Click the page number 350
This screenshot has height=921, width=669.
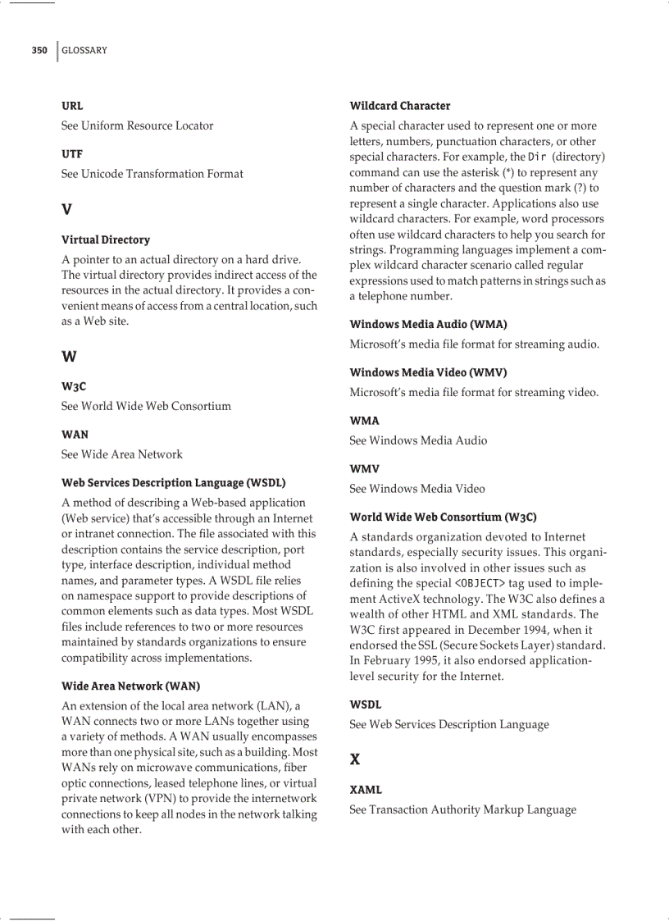coord(39,50)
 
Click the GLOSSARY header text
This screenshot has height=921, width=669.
coord(84,50)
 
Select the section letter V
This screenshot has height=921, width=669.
coord(66,209)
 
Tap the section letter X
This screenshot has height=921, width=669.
coord(355,759)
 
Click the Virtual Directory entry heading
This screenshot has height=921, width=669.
coord(106,239)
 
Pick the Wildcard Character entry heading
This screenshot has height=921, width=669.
coord(400,106)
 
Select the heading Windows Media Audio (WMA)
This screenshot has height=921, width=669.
coord(428,324)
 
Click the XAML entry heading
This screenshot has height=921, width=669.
coord(366,790)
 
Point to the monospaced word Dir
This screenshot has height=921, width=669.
coord(537,157)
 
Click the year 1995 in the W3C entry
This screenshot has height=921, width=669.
coord(416,660)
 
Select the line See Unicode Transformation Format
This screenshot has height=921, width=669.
coord(152,174)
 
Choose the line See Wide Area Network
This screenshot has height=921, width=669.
coord(121,454)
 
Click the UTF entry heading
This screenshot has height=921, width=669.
coord(72,153)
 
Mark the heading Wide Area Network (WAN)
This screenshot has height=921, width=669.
coord(130,686)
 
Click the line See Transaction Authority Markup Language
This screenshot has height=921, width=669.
coord(462,809)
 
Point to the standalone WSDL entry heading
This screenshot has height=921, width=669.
coord(366,704)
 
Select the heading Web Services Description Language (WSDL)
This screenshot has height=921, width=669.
coord(173,482)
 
